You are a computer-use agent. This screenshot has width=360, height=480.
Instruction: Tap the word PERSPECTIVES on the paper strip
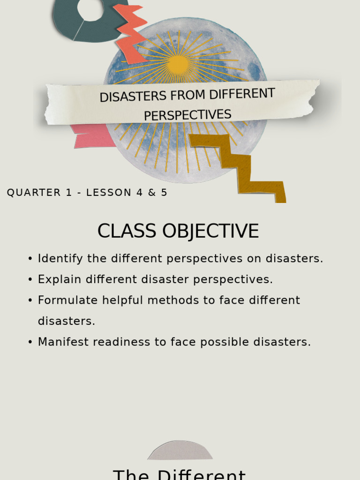pos(187,115)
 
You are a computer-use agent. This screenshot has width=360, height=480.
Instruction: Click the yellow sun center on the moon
pos(178,65)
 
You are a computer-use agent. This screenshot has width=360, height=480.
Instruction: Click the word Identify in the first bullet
pos(60,259)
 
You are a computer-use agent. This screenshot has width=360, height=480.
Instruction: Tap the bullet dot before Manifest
pos(30,342)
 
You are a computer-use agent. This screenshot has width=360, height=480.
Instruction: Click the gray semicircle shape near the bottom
pos(180,451)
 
